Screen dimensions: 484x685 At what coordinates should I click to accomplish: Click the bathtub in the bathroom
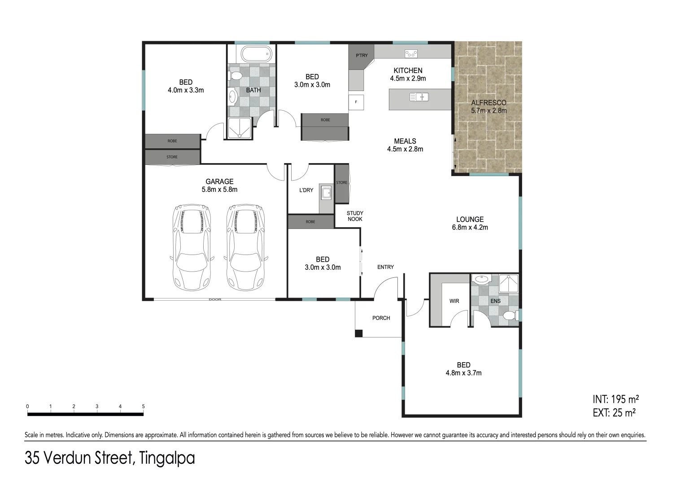click(256, 54)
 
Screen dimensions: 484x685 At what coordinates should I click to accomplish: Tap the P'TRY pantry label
click(362, 56)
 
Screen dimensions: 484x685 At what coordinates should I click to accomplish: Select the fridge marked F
click(356, 102)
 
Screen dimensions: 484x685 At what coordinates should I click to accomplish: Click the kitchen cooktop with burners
click(410, 53)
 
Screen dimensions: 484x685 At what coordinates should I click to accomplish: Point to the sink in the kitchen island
click(419, 97)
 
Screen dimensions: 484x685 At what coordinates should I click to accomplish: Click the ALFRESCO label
click(489, 103)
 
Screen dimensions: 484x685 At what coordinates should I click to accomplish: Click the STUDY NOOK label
click(355, 216)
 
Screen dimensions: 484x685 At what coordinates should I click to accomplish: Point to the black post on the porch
click(358, 333)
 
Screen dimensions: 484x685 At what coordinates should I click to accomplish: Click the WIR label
click(454, 301)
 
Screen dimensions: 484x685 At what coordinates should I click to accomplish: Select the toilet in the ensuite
click(510, 316)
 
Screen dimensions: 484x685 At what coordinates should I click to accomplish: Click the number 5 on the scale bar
click(144, 406)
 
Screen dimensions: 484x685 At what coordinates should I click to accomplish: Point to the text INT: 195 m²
click(615, 399)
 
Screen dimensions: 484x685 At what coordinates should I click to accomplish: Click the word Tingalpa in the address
click(167, 458)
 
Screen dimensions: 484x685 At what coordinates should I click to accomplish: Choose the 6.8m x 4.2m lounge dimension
click(470, 227)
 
